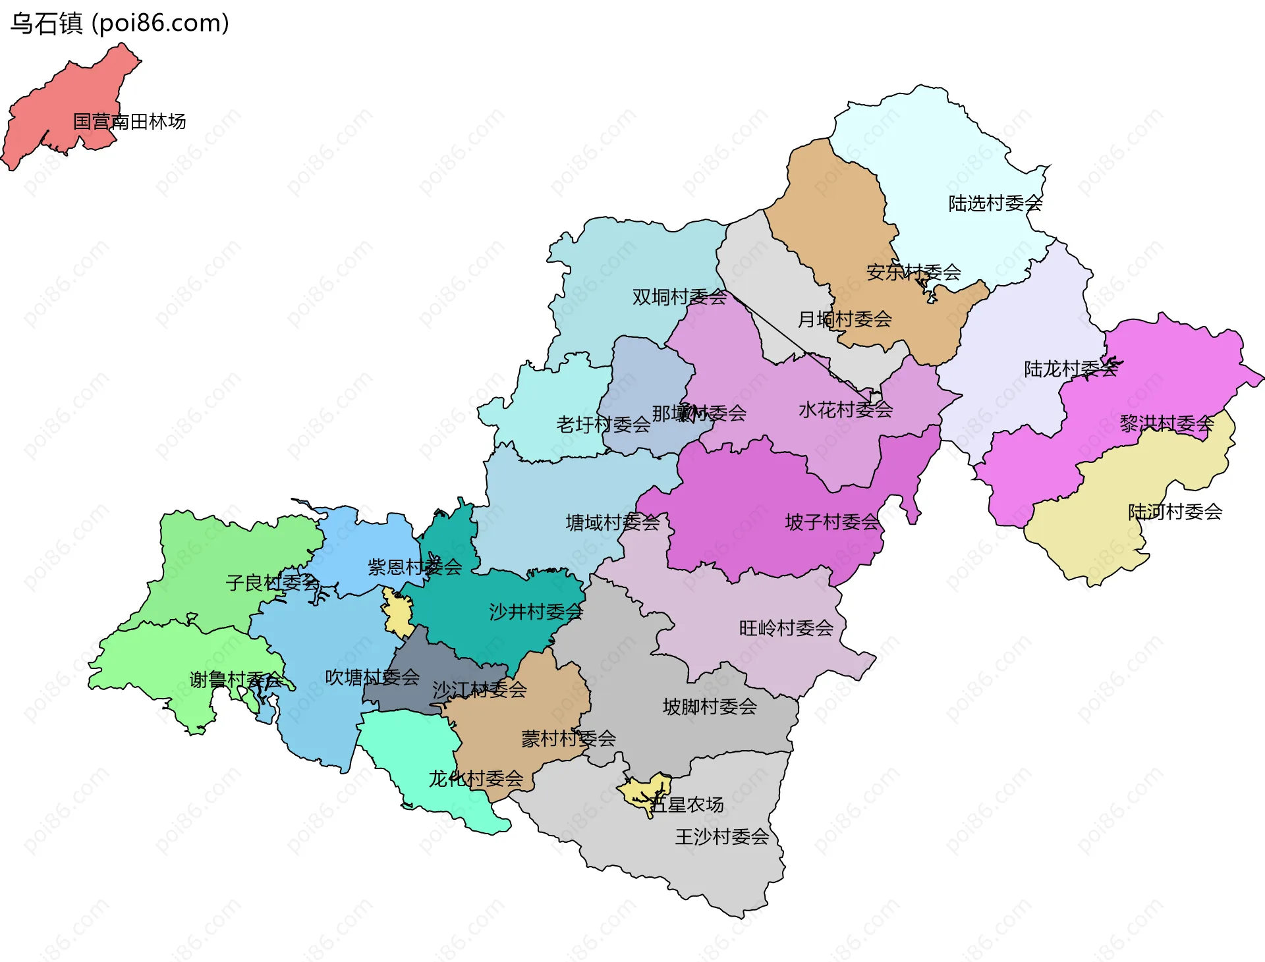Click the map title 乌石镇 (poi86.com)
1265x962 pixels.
(119, 23)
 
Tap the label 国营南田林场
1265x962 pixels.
(129, 122)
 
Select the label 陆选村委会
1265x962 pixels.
(995, 203)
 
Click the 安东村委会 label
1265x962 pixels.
(913, 272)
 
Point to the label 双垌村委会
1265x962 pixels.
(679, 297)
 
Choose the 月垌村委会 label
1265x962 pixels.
(845, 319)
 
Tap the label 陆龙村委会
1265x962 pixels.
(1071, 369)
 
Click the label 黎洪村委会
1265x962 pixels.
(1166, 423)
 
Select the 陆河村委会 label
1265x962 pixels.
(1175, 512)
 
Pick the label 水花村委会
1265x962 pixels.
(845, 410)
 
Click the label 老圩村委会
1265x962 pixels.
(603, 425)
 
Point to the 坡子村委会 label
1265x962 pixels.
(832, 522)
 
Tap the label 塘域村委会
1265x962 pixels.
(612, 523)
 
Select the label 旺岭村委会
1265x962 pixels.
(786, 628)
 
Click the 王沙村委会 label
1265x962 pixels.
(721, 837)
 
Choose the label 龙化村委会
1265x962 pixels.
(476, 779)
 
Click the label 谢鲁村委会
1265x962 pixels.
(236, 680)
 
